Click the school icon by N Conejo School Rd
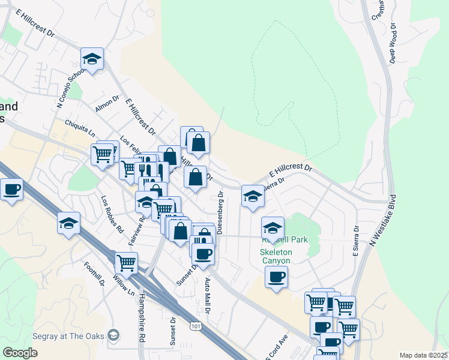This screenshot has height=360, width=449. point(92,59)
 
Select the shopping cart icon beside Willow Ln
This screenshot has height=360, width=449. point(126,263)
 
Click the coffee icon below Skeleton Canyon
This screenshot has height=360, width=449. point(276,277)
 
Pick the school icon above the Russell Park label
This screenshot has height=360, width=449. point(273,229)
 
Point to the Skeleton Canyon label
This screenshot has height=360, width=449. point(276,256)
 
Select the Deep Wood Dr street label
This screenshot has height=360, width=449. point(393,43)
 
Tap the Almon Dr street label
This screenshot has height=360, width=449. point(107,103)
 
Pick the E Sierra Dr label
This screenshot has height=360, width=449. point(355,241)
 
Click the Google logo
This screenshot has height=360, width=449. point(20,353)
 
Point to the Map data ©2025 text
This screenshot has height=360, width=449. point(423,355)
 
